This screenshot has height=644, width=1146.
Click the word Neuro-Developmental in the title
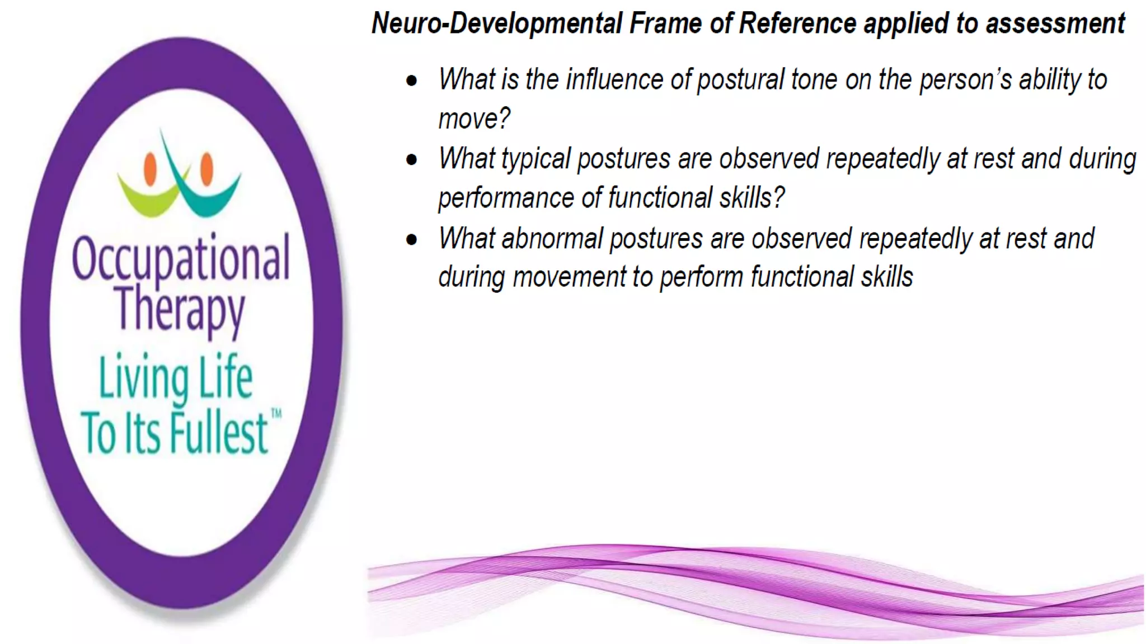(x=496, y=23)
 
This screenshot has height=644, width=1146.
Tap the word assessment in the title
(x=1055, y=23)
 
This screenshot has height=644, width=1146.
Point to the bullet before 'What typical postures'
(x=412, y=160)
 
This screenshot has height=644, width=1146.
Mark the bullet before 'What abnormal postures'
(x=412, y=240)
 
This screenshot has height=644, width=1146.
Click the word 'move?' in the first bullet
(x=473, y=119)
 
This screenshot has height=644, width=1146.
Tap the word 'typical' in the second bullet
(x=536, y=159)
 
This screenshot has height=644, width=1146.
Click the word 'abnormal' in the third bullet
(x=551, y=239)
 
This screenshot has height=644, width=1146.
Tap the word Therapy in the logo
(x=180, y=309)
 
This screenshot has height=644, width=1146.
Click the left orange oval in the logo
(x=150, y=169)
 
